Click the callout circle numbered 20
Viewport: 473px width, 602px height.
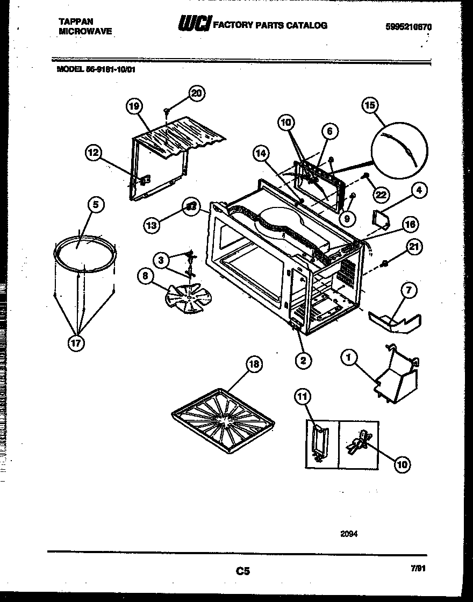point(197,93)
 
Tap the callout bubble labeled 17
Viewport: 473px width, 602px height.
point(76,343)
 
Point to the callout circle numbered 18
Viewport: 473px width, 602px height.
point(254,364)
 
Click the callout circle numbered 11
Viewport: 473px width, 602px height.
point(303,397)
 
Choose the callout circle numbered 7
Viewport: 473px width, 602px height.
point(408,290)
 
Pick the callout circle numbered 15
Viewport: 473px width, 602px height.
point(370,106)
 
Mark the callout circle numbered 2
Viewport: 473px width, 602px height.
point(303,360)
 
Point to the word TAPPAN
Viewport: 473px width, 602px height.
point(75,21)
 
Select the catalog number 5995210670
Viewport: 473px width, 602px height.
point(408,26)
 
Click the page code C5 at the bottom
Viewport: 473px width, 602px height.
point(243,571)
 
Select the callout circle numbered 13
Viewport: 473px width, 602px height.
point(152,225)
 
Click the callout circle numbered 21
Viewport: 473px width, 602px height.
point(413,247)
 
